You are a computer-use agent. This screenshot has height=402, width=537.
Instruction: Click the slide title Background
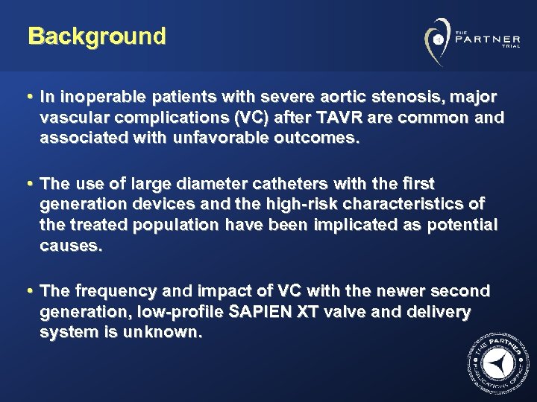click(x=97, y=36)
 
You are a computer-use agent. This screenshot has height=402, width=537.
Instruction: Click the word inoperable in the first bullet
click(x=94, y=98)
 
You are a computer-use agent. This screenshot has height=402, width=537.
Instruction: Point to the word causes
click(x=71, y=246)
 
